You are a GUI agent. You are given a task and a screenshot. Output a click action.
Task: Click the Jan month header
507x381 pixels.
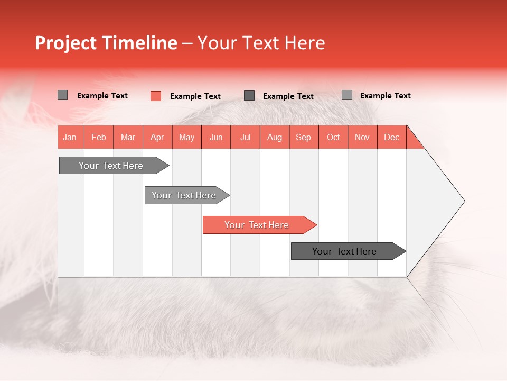click(x=70, y=137)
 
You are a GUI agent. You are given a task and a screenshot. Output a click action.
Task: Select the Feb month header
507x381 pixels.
click(x=99, y=137)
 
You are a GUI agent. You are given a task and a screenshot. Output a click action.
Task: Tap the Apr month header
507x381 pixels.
click(x=157, y=137)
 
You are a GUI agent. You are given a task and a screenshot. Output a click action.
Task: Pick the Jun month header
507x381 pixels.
click(x=216, y=137)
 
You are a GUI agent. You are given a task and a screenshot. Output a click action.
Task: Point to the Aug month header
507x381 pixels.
click(x=274, y=137)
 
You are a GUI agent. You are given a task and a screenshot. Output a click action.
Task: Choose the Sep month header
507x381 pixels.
click(x=303, y=137)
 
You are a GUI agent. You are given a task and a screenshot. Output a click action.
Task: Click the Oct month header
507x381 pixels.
click(x=333, y=137)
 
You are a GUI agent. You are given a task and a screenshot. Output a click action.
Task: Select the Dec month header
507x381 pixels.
click(x=391, y=137)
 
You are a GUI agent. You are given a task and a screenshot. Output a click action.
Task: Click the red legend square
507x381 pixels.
click(x=155, y=96)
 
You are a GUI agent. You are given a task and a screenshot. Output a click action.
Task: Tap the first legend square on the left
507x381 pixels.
click(x=62, y=95)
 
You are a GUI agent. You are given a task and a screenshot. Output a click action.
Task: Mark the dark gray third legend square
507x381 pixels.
click(x=249, y=96)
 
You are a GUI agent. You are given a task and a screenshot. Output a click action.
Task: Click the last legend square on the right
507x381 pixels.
click(x=347, y=95)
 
